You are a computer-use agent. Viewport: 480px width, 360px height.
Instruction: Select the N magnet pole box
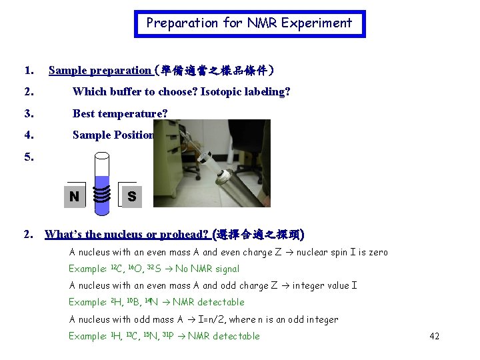click(x=74, y=196)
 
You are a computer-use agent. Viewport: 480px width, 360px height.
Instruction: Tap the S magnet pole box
click(x=131, y=196)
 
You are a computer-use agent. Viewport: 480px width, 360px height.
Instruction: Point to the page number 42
click(x=434, y=336)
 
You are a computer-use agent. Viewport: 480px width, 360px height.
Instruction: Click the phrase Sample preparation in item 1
click(x=99, y=70)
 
